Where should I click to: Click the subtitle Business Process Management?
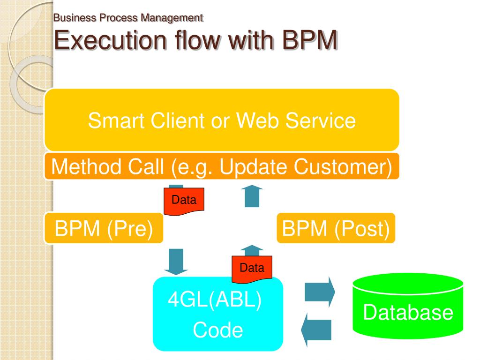(x=128, y=18)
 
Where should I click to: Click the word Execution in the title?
(x=110, y=40)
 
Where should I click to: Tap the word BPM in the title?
(x=309, y=40)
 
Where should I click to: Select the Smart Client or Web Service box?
(x=222, y=120)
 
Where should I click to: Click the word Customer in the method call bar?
(x=343, y=167)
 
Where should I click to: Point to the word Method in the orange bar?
(x=86, y=167)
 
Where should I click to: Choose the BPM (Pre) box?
(x=104, y=228)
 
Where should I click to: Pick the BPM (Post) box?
(x=336, y=228)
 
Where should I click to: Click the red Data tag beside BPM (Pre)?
(x=184, y=201)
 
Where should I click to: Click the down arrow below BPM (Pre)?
(x=176, y=262)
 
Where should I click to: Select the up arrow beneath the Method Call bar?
(x=252, y=196)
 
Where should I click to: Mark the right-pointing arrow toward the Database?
(x=320, y=292)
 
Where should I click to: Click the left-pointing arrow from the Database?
(x=316, y=330)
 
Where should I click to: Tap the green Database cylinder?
(x=408, y=306)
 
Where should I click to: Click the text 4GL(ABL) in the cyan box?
(x=215, y=299)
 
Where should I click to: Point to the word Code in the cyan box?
(x=218, y=330)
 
